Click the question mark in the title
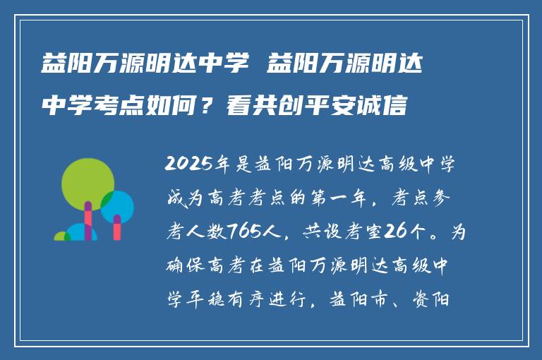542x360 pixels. coord(210,106)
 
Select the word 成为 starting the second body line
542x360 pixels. coord(182,200)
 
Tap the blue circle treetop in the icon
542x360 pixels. coord(117,206)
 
